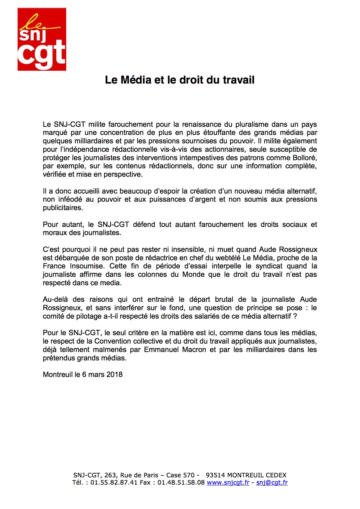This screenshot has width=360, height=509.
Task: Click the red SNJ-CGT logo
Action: click(x=42, y=39)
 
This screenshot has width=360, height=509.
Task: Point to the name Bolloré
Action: click(x=304, y=158)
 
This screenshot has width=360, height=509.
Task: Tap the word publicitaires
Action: click(x=63, y=208)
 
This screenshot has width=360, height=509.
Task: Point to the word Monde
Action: click(x=193, y=275)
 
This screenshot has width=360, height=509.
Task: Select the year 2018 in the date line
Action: click(x=114, y=375)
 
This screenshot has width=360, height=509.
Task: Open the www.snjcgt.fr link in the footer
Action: click(x=228, y=483)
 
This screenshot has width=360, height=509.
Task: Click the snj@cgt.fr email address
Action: click(x=272, y=483)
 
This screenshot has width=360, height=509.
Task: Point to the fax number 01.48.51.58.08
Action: click(x=181, y=483)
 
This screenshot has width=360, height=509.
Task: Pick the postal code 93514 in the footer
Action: click(x=215, y=475)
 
